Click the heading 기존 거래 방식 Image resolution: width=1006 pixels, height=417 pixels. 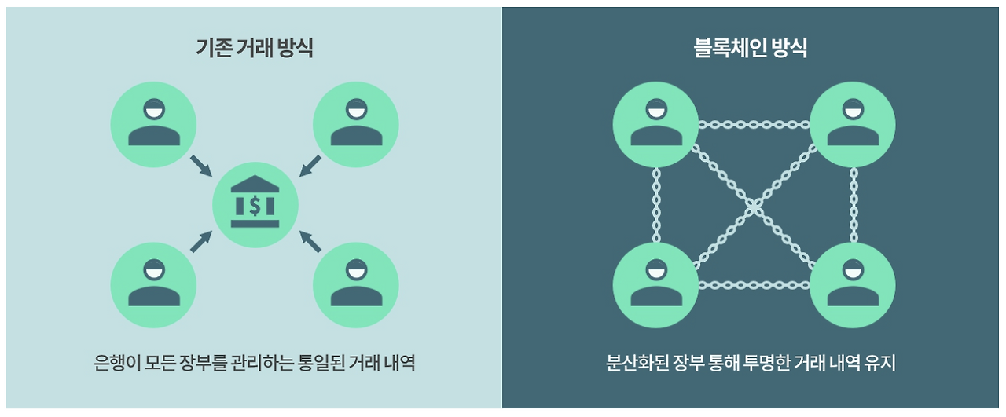254,48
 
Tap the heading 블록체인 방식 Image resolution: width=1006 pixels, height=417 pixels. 751,48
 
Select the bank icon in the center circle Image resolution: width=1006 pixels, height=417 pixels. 255,201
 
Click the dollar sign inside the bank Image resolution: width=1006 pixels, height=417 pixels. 255,206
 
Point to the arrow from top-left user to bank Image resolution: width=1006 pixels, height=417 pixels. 200,166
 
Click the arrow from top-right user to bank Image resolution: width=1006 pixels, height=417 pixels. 310,166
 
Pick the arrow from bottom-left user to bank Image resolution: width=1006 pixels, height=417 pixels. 200,242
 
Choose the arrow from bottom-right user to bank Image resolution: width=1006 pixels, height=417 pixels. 310,242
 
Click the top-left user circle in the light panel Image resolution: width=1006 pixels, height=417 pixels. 153,124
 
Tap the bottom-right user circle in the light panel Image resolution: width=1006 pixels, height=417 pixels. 356,285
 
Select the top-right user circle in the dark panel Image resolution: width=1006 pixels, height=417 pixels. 853,124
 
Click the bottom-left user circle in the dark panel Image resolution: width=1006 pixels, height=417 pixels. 655,285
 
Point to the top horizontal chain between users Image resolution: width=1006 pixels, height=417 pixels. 754,124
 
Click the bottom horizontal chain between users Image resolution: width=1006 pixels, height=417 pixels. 754,285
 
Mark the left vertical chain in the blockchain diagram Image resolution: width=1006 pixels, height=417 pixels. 656,205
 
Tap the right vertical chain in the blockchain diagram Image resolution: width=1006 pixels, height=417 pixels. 854,205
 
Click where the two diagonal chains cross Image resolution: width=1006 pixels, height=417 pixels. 754,206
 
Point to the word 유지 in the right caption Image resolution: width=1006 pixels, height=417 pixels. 881,363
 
